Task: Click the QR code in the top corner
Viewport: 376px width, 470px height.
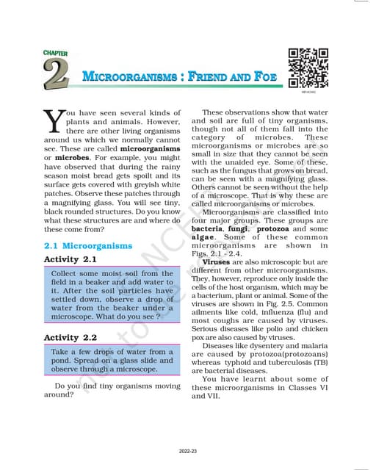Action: [x=308, y=67]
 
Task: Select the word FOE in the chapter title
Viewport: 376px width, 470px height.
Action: [x=258, y=76]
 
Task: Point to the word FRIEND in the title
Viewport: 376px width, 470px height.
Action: [x=200, y=76]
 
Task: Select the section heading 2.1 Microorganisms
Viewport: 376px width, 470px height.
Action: [x=88, y=245]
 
